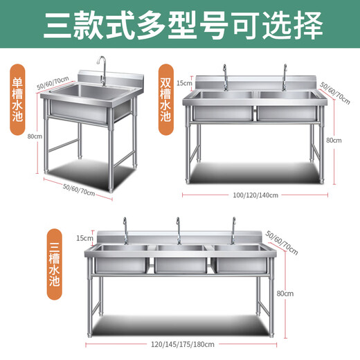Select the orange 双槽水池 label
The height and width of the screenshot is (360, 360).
[165, 94]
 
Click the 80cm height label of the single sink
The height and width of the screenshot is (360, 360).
[30, 136]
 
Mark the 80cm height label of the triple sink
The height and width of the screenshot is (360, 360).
[285, 294]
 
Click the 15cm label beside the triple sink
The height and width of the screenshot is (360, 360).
[84, 237]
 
